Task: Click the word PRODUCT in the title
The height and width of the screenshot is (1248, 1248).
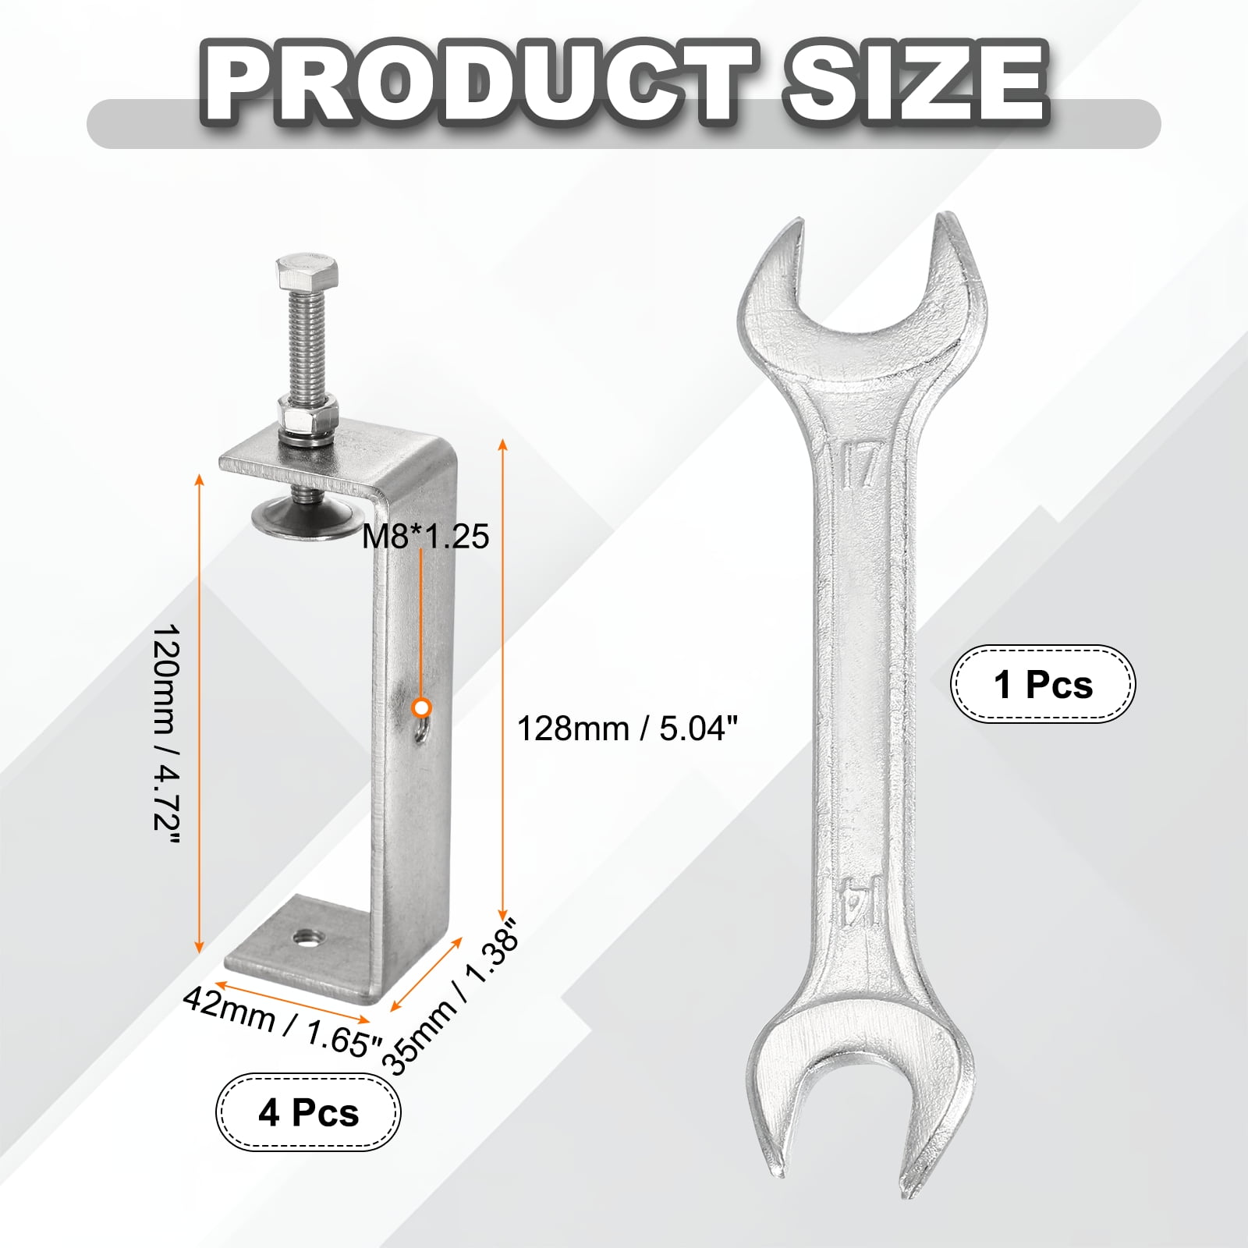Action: (x=478, y=83)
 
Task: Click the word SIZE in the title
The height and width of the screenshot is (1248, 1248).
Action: (x=915, y=83)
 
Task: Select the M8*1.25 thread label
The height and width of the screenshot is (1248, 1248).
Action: (x=426, y=537)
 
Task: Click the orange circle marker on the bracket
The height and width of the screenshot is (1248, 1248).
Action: (x=422, y=707)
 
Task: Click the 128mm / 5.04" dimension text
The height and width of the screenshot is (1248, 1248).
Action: (x=627, y=729)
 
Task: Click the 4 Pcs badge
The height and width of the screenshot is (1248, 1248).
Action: (x=308, y=1111)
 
